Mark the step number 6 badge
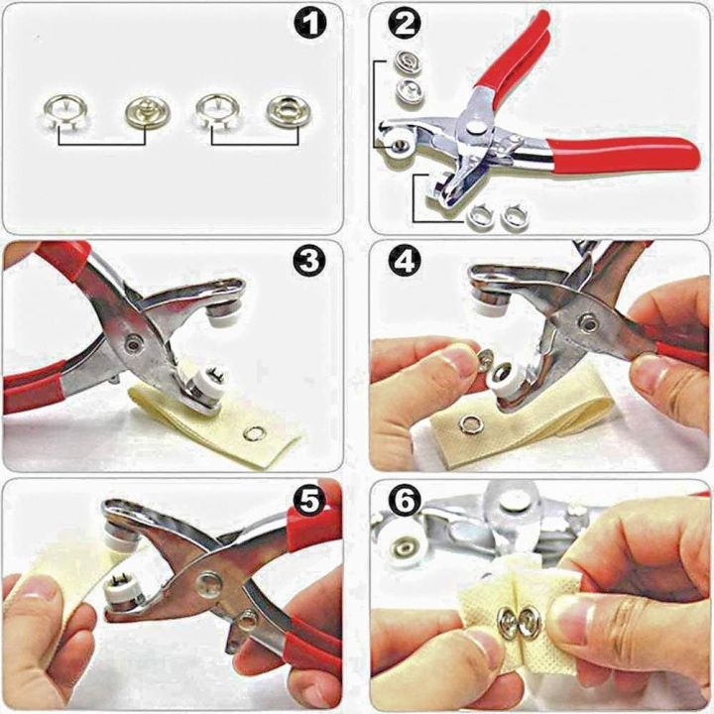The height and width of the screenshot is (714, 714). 403,504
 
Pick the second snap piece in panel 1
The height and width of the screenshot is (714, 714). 143,111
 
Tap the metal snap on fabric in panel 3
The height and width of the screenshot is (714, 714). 255,431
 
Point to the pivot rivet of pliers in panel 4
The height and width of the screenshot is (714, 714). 588,323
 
